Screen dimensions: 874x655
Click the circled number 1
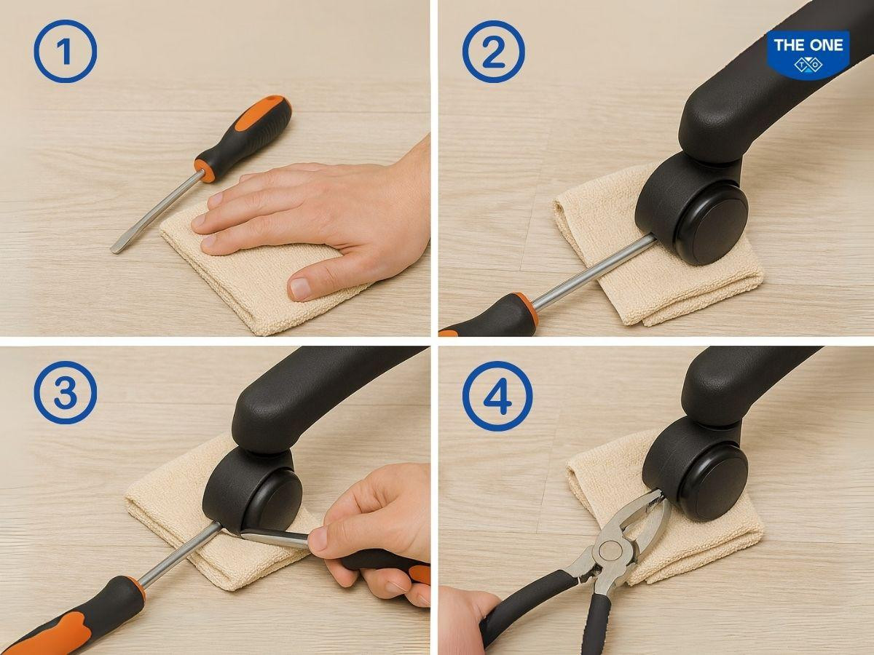pos(66,51)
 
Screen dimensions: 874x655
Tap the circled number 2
pos(493,52)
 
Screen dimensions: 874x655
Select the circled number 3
pos(66,393)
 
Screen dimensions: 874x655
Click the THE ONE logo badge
pos(808,55)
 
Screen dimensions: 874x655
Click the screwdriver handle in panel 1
pos(243,138)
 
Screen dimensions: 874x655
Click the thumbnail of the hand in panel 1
pos(299,288)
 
